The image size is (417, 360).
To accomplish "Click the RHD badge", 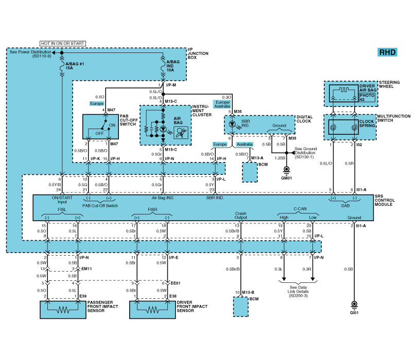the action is click(x=387, y=52).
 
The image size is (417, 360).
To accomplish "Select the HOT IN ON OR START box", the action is click(x=63, y=43).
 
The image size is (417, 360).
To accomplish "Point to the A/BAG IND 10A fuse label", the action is click(x=173, y=66).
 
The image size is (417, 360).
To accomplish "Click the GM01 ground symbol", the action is click(x=286, y=170).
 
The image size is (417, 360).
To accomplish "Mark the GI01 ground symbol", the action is click(x=354, y=304).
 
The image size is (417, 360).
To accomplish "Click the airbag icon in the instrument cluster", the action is click(x=181, y=132).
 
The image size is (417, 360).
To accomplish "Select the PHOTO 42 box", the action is click(x=367, y=98).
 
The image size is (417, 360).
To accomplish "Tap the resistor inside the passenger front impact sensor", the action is click(x=63, y=310).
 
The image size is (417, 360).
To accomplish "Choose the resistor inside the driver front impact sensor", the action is click(x=152, y=310).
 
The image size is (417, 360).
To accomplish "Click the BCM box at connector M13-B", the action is click(x=241, y=307).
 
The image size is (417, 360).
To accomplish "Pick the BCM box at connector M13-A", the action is click(x=250, y=172).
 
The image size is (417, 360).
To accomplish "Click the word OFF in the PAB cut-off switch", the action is click(x=99, y=133).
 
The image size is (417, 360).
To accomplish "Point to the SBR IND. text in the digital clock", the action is click(x=246, y=123).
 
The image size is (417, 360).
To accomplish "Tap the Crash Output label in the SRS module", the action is click(x=241, y=215).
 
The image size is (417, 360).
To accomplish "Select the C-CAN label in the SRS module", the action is click(x=300, y=209).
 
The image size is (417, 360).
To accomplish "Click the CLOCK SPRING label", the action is click(x=367, y=123).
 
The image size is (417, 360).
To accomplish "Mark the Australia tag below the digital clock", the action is click(x=245, y=145).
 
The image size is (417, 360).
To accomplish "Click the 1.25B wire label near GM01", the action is click(x=280, y=158).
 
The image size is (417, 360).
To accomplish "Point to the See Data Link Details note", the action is click(x=298, y=292).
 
